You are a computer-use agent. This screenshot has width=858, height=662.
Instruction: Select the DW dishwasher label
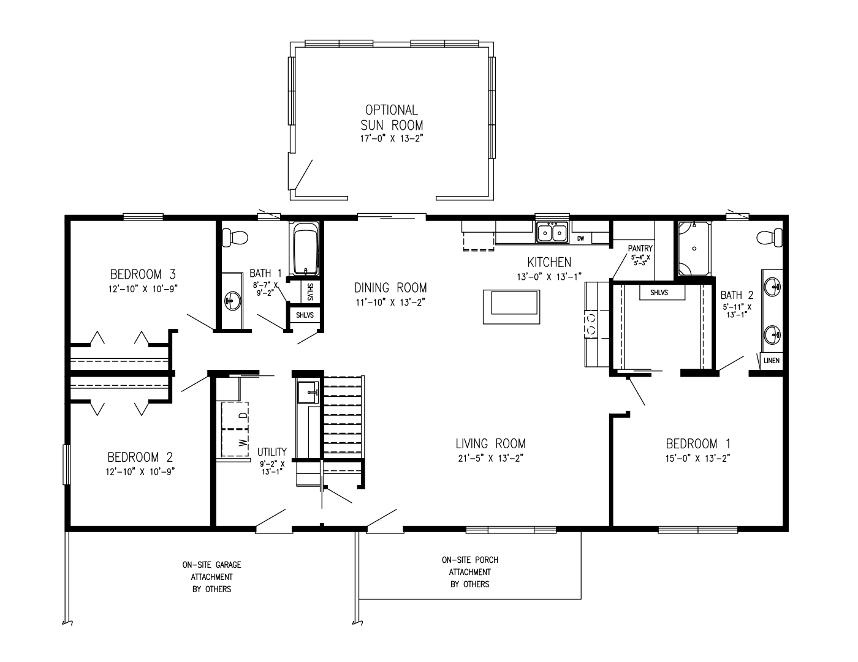coord(580,238)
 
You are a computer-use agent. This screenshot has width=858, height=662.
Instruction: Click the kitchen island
coord(511,306)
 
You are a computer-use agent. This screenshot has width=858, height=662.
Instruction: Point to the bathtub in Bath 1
coord(305,249)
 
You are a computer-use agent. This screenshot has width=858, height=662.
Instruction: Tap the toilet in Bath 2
coord(770,236)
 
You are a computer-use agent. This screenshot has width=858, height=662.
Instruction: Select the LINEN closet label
coord(772,361)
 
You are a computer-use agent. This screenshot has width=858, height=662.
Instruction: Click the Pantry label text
coord(640,248)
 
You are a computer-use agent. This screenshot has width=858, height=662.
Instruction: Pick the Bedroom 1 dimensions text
coord(699,457)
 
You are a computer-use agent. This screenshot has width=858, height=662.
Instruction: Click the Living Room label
coord(490,443)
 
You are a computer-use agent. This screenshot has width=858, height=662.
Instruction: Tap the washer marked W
coord(235,442)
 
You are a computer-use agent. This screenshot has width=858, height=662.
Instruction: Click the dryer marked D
coord(235,415)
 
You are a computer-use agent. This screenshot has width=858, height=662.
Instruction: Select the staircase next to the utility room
coord(343,416)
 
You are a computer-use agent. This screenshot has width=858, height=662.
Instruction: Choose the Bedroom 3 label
coord(143,274)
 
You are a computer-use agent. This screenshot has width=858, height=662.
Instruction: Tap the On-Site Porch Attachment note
coord(469,572)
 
